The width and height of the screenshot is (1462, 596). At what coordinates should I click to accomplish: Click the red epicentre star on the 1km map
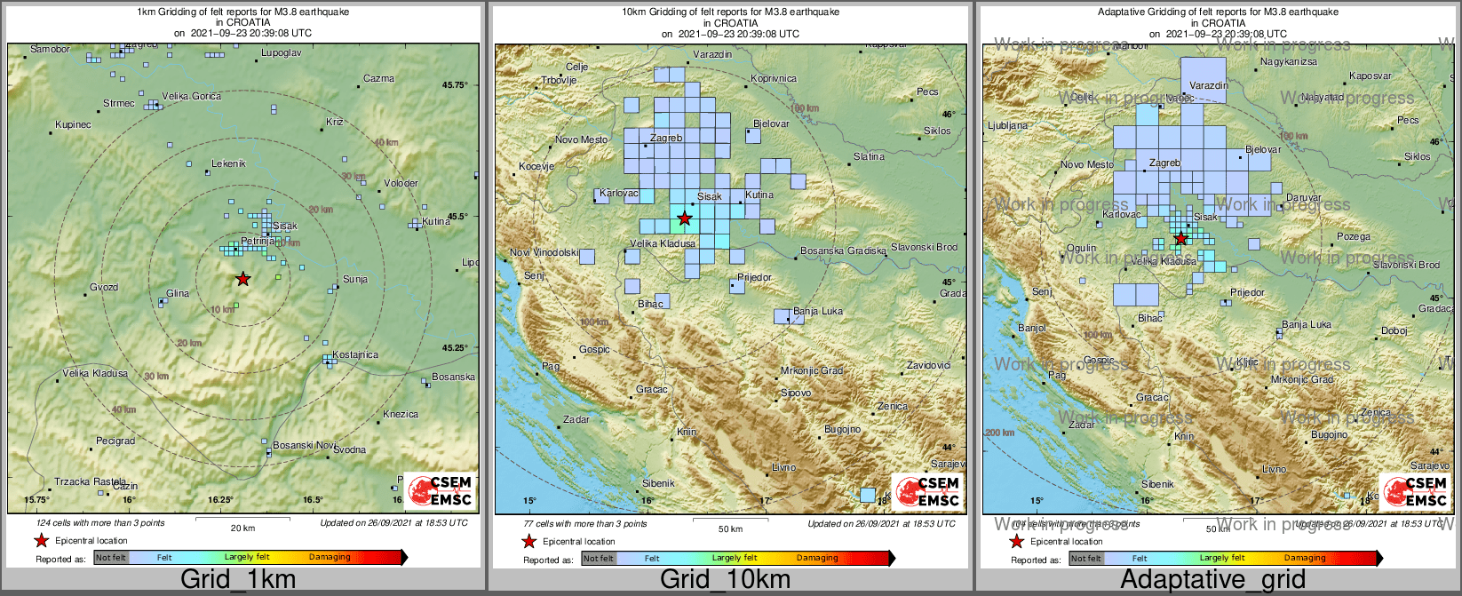[242, 279]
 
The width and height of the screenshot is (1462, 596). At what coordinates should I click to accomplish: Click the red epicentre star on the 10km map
[684, 218]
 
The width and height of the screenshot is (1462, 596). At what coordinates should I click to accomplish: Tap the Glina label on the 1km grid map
[178, 294]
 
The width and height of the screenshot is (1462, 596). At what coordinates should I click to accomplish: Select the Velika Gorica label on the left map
[191, 96]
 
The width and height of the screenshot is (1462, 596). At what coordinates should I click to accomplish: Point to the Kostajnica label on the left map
[355, 354]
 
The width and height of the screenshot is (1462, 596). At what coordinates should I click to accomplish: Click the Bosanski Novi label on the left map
[304, 445]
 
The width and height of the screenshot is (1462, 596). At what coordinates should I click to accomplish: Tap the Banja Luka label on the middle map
[818, 312]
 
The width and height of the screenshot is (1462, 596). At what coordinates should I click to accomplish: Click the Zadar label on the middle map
[576, 419]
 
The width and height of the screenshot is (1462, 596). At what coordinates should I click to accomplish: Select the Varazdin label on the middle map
[712, 55]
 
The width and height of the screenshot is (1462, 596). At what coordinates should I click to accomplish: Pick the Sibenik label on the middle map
[658, 483]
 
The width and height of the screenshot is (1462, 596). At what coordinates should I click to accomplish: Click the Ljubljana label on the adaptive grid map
[1007, 126]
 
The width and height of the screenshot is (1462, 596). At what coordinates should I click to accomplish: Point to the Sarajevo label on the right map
[1429, 465]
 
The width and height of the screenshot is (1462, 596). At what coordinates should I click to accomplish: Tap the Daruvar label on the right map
[1304, 198]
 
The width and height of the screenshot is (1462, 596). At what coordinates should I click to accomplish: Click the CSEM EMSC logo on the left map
[440, 490]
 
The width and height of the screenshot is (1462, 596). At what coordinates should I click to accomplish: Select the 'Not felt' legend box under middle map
[598, 559]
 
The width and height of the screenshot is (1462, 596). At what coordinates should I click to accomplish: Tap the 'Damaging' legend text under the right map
[1304, 558]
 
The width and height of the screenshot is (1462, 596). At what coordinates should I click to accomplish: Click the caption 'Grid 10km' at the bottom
[725, 580]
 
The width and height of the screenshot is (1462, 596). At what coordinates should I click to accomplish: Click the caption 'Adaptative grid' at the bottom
[1212, 580]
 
